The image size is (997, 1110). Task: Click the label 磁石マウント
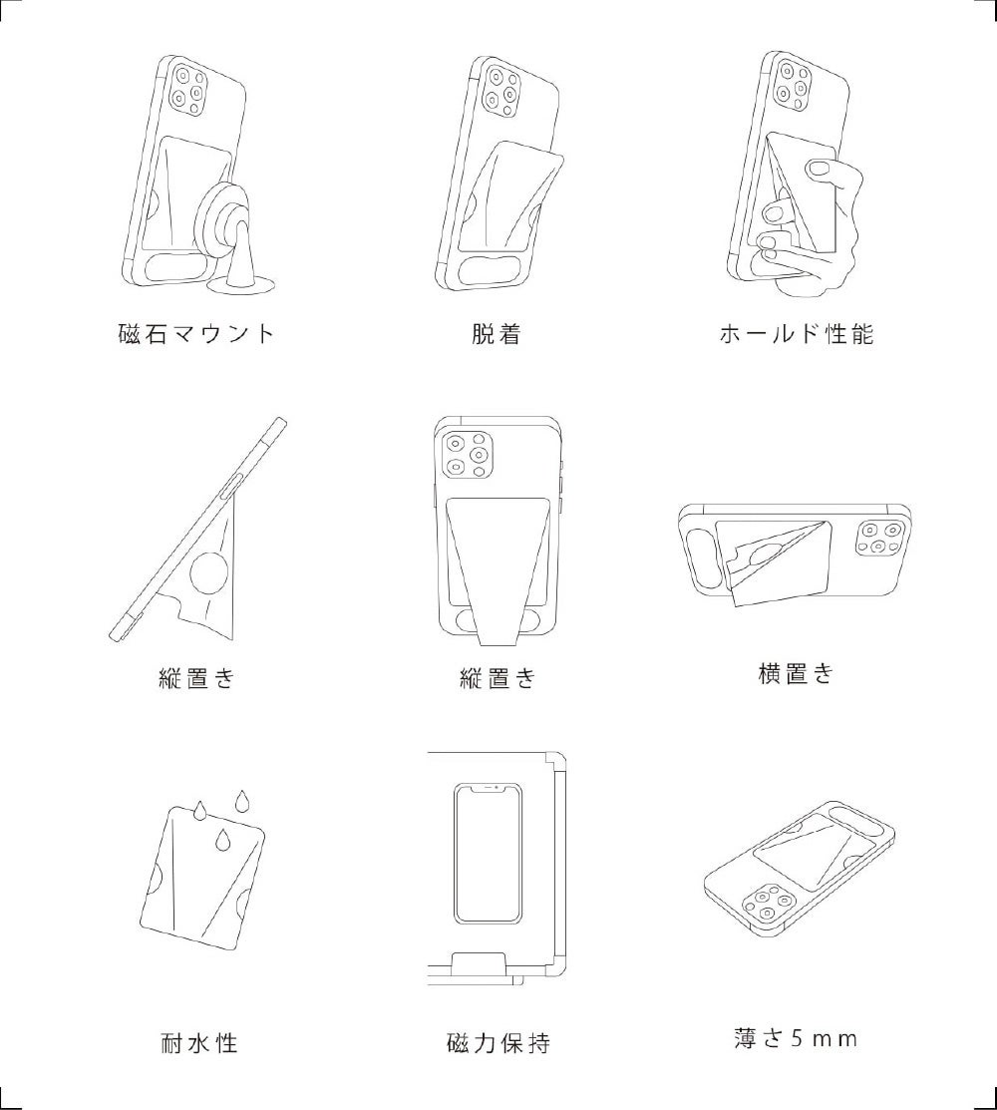[196, 333]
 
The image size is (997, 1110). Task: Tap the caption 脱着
[497, 333]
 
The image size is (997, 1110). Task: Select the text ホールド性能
[797, 333]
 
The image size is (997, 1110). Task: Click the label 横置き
[797, 673]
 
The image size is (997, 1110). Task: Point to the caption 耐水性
[198, 1043]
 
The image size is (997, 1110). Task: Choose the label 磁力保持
[498, 1043]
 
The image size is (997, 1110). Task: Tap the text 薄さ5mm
[796, 1038]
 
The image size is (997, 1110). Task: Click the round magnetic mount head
[228, 218]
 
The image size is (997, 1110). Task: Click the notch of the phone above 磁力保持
[489, 787]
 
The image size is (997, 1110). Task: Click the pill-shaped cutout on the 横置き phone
[698, 557]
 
